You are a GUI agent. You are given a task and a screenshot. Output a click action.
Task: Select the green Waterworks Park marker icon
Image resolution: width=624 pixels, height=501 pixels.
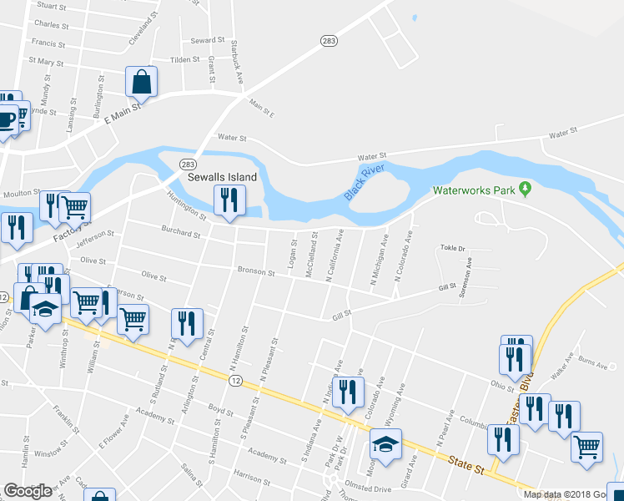point(525,190)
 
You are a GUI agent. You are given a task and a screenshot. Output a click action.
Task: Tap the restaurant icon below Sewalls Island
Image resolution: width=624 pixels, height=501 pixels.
point(226,200)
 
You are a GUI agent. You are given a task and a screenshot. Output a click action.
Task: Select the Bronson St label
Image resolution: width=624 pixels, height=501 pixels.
point(256,271)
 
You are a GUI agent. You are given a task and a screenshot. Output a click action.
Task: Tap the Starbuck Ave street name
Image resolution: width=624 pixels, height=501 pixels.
point(237,62)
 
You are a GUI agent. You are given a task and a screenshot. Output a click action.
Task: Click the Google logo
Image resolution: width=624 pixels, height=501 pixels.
point(28,491)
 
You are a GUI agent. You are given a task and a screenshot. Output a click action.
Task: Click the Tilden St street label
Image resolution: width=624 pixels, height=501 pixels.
point(185,60)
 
